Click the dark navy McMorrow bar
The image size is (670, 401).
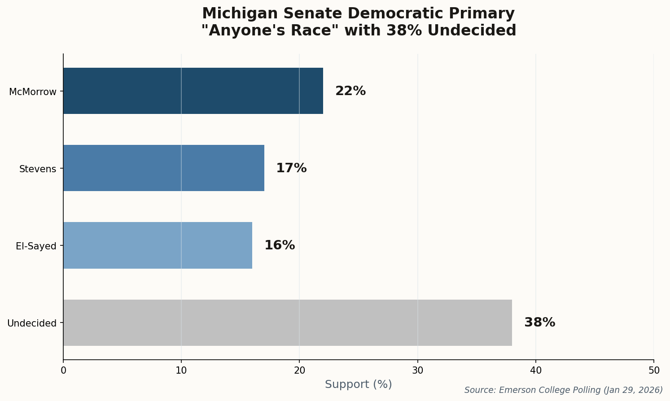(x=193, y=91)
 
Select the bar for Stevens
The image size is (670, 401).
(x=164, y=168)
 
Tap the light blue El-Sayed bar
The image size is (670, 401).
(x=158, y=245)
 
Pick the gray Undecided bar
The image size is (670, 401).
(x=287, y=323)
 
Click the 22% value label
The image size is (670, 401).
(x=350, y=91)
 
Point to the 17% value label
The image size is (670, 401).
(x=291, y=168)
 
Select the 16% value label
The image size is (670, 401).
(x=280, y=245)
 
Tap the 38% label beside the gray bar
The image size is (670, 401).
(x=539, y=323)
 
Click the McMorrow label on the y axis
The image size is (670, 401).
(x=33, y=92)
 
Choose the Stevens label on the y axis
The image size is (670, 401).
(x=38, y=169)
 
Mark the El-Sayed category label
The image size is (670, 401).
(x=36, y=246)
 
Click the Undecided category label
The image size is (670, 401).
(x=32, y=323)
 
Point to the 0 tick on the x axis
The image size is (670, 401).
(x=63, y=370)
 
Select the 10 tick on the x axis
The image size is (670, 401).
(x=181, y=370)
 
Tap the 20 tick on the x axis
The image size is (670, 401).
(x=299, y=370)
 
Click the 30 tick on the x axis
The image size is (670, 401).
(x=418, y=370)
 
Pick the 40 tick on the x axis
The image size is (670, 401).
(x=536, y=370)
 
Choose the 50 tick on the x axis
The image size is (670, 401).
(x=654, y=370)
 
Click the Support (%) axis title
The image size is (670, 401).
(x=358, y=384)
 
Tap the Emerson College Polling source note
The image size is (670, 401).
(x=563, y=390)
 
